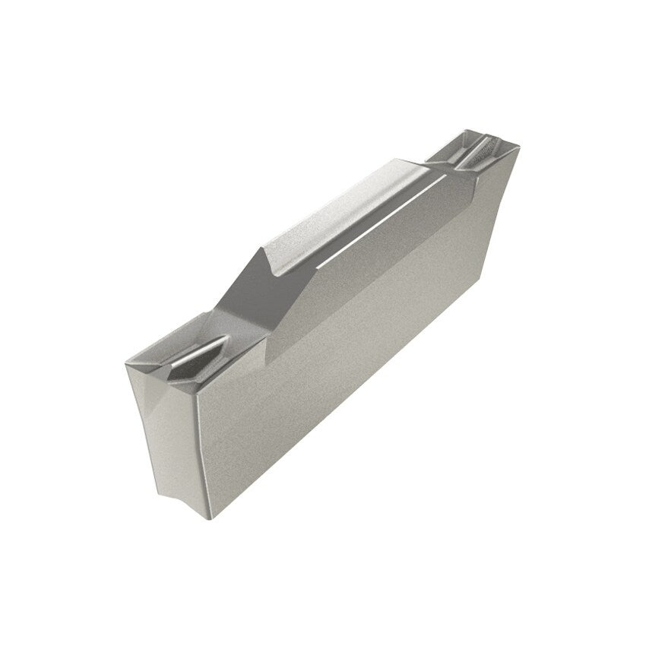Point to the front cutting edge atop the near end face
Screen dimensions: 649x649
pos(152,372)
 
